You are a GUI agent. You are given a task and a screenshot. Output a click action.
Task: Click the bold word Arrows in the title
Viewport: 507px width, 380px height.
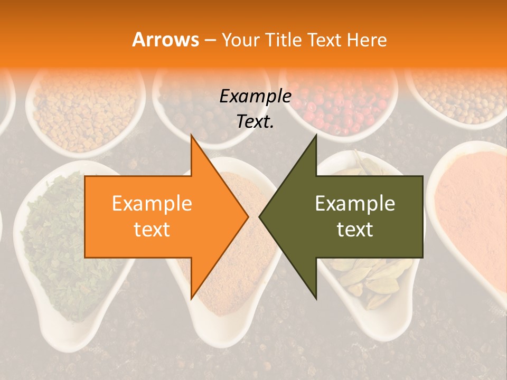coord(166,40)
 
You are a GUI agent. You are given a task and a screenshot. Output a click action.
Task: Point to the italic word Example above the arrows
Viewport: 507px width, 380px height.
coord(255,96)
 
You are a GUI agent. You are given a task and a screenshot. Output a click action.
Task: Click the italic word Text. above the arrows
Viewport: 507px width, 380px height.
coord(255,121)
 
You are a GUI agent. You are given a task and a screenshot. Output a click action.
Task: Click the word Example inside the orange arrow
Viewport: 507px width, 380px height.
coord(152,203)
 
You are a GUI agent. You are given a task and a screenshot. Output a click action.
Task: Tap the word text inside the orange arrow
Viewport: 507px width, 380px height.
coord(152,230)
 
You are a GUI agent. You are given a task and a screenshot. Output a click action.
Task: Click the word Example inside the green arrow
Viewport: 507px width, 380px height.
coord(355,203)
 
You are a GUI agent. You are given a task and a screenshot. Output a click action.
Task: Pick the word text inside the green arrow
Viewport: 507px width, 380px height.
coord(355,230)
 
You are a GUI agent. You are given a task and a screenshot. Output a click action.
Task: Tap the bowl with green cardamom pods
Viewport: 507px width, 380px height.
coord(370,280)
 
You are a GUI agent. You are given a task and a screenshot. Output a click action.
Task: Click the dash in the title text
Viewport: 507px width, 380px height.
coord(209,40)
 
